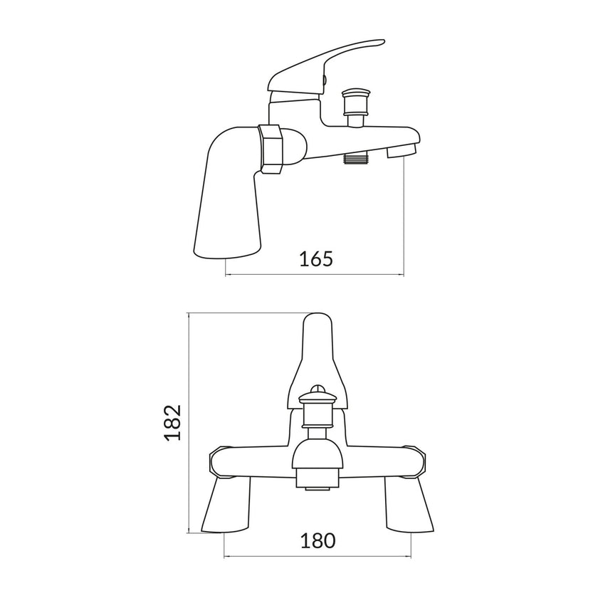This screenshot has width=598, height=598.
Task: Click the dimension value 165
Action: [x=316, y=258]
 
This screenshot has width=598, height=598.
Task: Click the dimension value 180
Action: [x=318, y=541]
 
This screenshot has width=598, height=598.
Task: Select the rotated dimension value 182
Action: [x=173, y=423]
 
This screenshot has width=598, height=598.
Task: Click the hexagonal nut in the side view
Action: [x=271, y=149]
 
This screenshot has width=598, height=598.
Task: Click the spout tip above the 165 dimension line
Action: [x=402, y=152]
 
